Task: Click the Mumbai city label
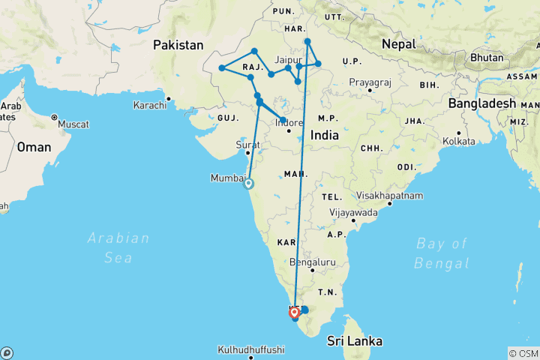coord(229,178)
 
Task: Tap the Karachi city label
coord(149,106)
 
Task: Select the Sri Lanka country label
coord(354,341)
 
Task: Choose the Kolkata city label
coord(460,141)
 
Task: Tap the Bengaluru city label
coord(312,262)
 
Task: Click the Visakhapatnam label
coord(389,196)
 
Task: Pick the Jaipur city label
coord(288,58)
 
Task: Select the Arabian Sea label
coord(118,247)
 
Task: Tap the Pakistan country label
coord(178,46)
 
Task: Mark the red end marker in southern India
coord(295,313)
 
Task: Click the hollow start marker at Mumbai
coord(248,183)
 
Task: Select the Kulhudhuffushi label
coord(251,349)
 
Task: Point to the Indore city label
coord(289,122)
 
